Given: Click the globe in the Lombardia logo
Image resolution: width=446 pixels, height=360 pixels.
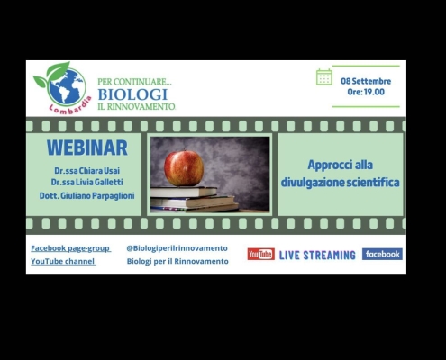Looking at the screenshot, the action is (x=66, y=87).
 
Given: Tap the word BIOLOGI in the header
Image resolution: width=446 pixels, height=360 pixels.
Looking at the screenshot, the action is (x=132, y=94).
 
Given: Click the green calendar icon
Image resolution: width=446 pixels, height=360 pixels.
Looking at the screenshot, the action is (x=324, y=77).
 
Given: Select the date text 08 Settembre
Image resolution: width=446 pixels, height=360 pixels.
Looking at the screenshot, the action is (x=366, y=81).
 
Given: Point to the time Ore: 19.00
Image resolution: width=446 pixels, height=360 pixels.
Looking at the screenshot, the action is (x=366, y=92).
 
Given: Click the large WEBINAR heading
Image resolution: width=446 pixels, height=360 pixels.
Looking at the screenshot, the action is (x=87, y=148).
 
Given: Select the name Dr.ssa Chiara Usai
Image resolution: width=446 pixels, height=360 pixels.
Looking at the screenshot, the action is (x=86, y=171).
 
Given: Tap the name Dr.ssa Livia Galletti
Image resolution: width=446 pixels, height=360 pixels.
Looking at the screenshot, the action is (x=86, y=182).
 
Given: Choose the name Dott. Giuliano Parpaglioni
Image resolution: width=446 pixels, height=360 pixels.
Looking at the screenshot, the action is (x=87, y=196).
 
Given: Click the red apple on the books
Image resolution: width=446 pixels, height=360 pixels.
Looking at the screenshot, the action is (x=184, y=168).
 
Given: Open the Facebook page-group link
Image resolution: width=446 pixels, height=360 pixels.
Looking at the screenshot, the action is (x=71, y=248).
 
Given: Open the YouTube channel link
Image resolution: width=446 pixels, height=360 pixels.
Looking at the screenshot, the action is (x=63, y=261).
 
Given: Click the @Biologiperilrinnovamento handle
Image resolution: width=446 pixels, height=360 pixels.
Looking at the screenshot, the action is (x=177, y=248).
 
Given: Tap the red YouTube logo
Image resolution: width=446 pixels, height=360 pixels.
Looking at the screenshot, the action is (x=260, y=254).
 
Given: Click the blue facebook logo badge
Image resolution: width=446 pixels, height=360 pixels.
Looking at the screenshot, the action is (x=382, y=254).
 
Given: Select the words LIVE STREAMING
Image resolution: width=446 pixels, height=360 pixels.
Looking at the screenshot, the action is (x=317, y=256).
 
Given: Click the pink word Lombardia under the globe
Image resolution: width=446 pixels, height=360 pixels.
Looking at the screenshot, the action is (x=71, y=106).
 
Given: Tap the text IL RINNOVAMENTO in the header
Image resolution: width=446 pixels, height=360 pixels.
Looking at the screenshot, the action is (x=136, y=106).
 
